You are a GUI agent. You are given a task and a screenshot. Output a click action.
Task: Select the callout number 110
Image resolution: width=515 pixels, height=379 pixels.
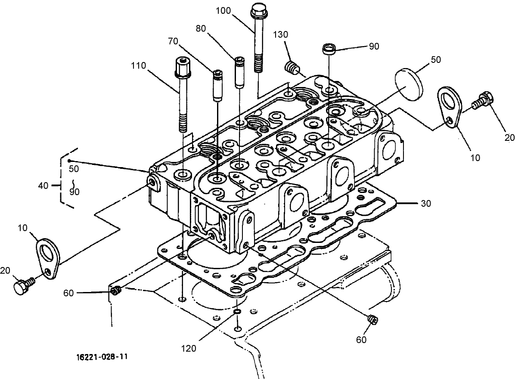[x=139, y=66]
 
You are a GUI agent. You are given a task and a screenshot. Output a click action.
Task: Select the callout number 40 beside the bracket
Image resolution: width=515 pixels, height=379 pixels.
[x=43, y=186]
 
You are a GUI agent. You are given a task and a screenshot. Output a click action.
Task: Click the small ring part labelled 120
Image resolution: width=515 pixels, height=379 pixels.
[x=237, y=311]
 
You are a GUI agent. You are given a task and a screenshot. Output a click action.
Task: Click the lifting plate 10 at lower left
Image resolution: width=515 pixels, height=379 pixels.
[x=47, y=256]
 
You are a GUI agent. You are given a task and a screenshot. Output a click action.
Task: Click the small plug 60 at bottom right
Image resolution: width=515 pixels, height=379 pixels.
[x=372, y=320]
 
